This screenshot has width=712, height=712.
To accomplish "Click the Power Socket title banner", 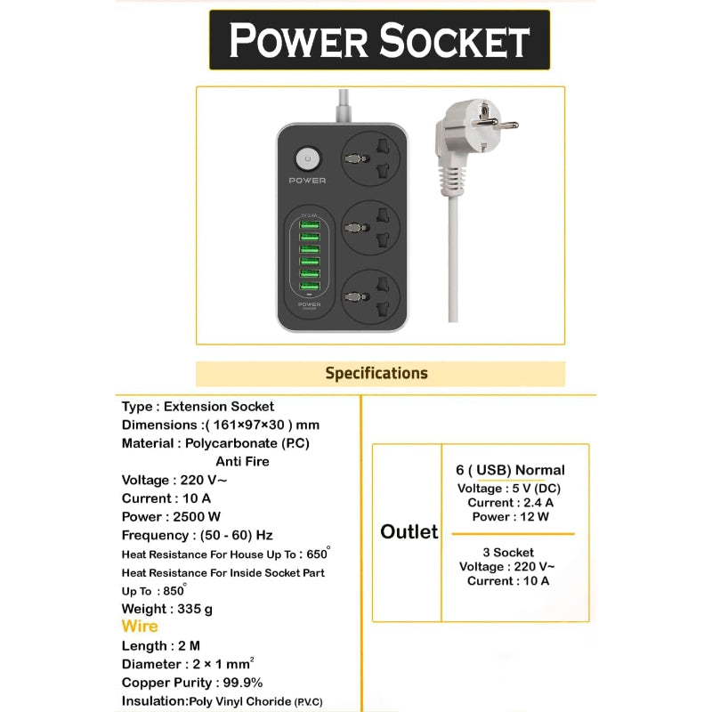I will click(x=380, y=40).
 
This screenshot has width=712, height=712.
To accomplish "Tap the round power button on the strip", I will click(x=307, y=159).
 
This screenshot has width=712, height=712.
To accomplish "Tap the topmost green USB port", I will click(x=309, y=224).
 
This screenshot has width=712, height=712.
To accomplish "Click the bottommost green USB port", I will click(x=309, y=285).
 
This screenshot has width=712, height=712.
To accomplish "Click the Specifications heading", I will click(x=376, y=373).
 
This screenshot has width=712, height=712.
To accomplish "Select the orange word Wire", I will click(x=140, y=627).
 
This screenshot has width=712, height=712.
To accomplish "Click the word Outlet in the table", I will click(x=409, y=531).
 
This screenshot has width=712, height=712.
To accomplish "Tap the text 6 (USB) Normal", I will click(x=510, y=470).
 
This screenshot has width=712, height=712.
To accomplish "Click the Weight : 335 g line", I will click(x=166, y=609).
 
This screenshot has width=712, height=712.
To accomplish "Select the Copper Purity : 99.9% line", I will click(x=192, y=683).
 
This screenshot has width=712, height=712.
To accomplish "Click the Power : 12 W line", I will click(x=510, y=516).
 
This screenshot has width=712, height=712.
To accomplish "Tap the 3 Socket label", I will click(x=508, y=552).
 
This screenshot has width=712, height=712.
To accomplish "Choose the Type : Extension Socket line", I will click(x=198, y=406).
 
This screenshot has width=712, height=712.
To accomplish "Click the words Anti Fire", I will click(x=242, y=461).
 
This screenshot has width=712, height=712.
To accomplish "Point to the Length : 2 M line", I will click(x=160, y=646).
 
